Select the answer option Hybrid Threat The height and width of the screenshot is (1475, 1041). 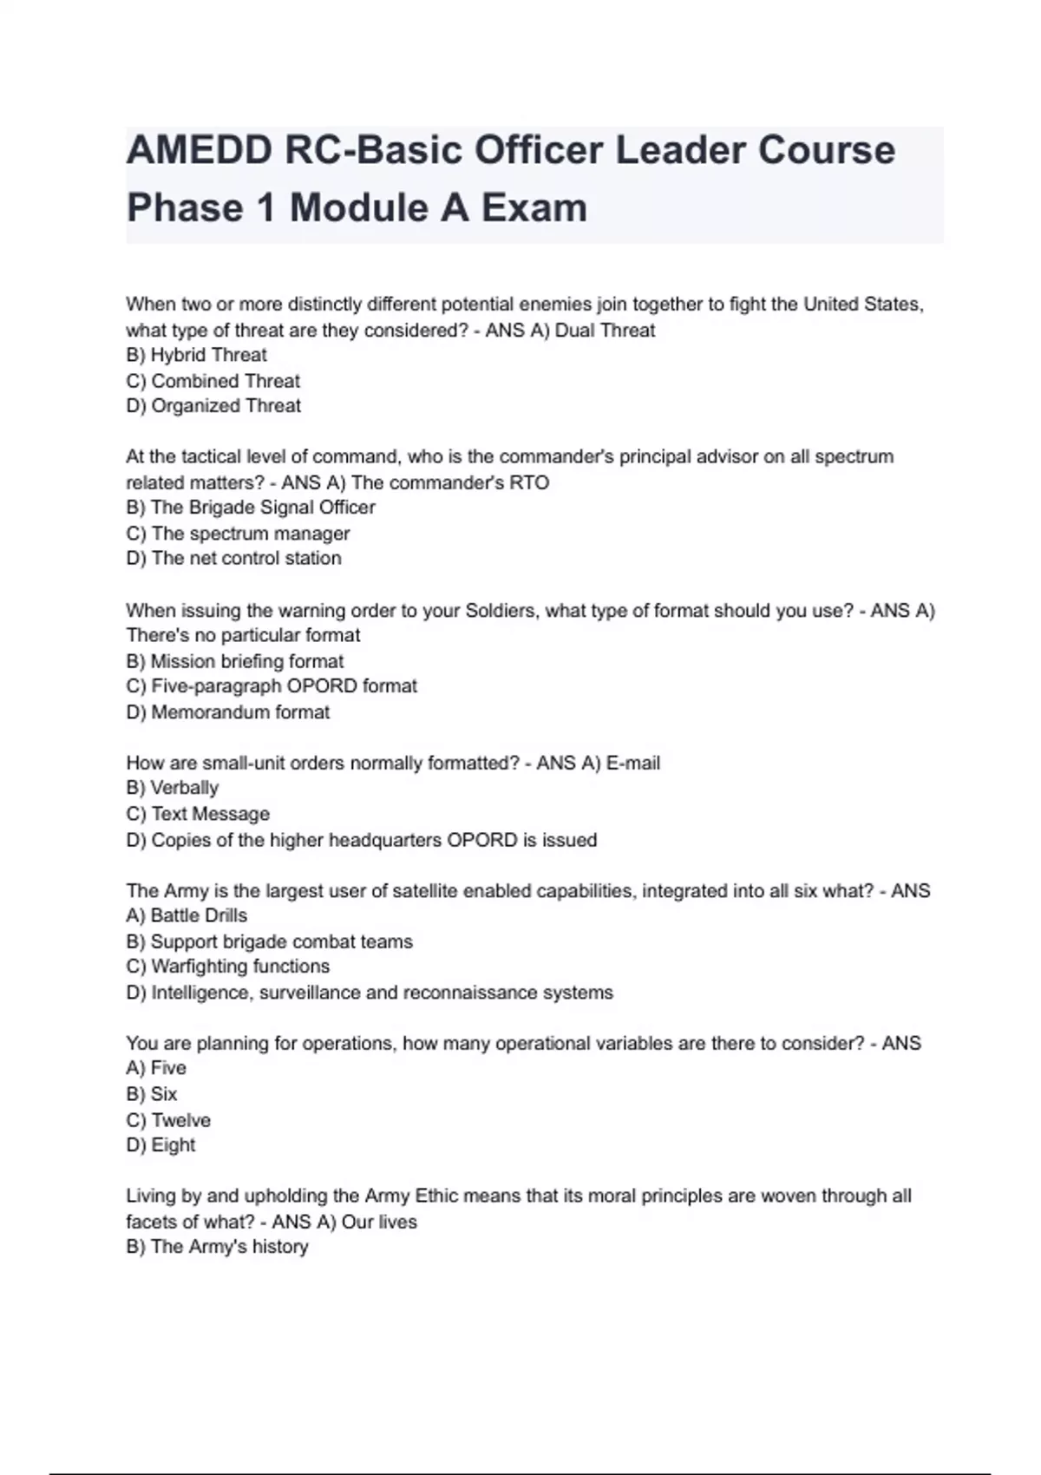208,355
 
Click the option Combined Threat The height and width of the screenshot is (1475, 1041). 225,381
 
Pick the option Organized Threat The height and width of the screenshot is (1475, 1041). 226,406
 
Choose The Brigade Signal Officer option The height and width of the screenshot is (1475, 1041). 263,508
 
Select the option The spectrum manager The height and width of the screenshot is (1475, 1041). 250,534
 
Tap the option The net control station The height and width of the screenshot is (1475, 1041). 246,559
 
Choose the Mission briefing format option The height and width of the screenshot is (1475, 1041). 246,661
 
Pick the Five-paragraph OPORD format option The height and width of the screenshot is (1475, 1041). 284,686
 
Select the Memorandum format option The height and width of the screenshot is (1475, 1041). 240,712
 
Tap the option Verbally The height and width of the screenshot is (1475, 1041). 184,789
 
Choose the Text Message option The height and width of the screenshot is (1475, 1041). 210,814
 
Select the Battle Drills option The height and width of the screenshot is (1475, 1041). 199,916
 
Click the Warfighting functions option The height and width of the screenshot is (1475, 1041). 240,967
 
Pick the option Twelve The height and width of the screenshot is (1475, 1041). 180,1120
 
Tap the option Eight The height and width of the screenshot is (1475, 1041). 173,1145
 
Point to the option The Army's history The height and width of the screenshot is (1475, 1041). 229,1247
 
